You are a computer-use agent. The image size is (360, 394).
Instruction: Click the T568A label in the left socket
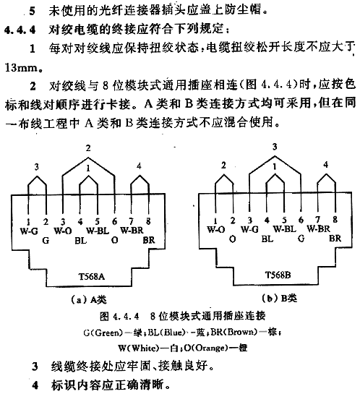point(92,276)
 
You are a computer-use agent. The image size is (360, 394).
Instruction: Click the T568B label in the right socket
point(278,275)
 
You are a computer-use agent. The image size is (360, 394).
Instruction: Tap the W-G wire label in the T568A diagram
point(29,231)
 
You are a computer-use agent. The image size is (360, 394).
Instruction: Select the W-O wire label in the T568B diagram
point(216,230)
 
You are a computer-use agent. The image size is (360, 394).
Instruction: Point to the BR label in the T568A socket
point(149,240)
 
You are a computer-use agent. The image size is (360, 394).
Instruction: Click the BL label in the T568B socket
point(267,239)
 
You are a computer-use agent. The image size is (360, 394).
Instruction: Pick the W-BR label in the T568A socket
point(132,230)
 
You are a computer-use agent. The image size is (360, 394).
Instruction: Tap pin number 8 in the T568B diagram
point(335,220)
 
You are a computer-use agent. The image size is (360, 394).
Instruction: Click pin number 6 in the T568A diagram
point(114,221)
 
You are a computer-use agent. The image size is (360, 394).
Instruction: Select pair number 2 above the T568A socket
point(88,148)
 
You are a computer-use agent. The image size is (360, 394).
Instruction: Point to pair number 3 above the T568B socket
point(275,147)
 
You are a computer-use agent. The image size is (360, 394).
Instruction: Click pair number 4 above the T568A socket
point(139,166)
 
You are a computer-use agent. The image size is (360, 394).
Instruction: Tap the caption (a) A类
point(88,299)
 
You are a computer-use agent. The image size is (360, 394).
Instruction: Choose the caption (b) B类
point(279,299)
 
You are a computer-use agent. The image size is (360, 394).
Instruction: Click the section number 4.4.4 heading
point(20,30)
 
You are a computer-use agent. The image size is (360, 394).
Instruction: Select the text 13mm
point(22,68)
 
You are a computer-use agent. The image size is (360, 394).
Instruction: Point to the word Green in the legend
point(108,333)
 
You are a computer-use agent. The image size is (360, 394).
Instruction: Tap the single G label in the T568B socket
point(301,239)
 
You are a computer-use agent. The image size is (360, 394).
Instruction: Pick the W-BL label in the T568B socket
point(285,229)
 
